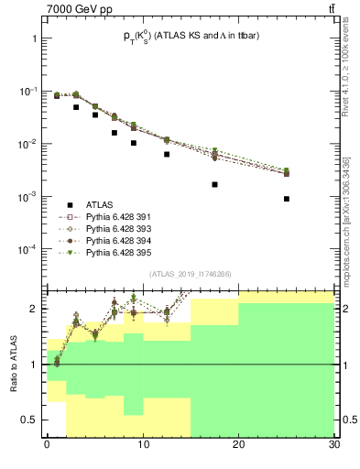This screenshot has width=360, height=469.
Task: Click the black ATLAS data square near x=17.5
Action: pyautogui.click(x=214, y=184)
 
